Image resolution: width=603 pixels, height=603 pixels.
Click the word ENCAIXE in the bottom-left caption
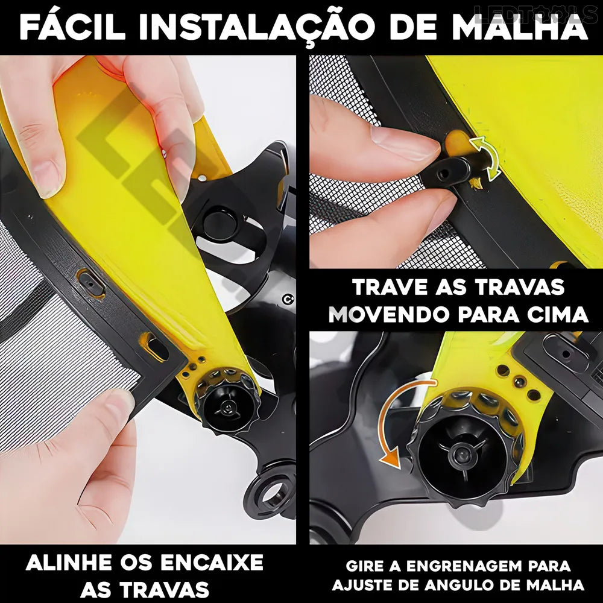(212, 563)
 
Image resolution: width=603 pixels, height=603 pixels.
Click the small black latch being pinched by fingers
(448, 171)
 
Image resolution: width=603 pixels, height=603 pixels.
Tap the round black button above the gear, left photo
(220, 224)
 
